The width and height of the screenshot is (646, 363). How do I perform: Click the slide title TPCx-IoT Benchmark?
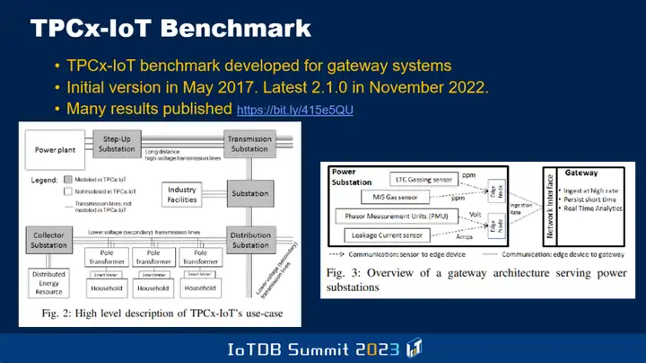[x=170, y=28]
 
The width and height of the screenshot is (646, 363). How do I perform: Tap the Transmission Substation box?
[x=249, y=144]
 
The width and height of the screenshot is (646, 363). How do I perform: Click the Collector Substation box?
[x=50, y=240]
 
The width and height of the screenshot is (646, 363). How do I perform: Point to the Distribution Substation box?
[x=249, y=240]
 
